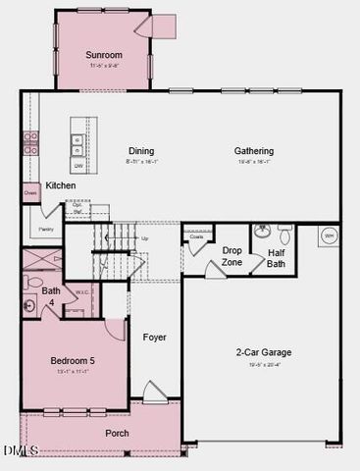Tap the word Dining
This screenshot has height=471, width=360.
coord(141,150)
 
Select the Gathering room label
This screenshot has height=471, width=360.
coord(254,150)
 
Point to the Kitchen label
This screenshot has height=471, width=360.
coord(60,185)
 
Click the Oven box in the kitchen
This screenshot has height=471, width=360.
coord(30,193)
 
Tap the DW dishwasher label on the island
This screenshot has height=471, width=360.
coord(77,166)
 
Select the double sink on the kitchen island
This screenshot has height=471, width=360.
coord(77,145)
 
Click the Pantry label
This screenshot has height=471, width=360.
coord(45,229)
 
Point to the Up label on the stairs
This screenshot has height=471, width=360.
coord(145,238)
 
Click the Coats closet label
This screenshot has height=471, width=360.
coord(196,236)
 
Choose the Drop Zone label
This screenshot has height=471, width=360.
coord(232,256)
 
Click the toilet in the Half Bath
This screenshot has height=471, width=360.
coord(284,235)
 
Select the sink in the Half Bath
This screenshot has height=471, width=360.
coord(261,233)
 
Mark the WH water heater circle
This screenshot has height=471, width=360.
coord(329,236)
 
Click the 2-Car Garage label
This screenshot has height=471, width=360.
coord(263,351)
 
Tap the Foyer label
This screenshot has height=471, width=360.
coord(154,337)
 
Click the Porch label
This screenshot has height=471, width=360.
coord(118,432)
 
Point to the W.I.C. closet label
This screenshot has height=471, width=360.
coord(82,291)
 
